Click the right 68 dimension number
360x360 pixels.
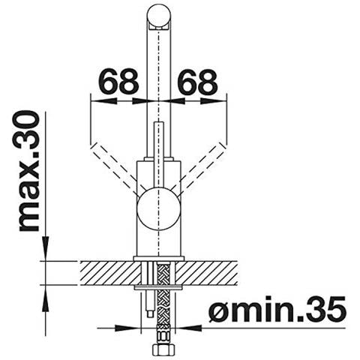[198, 81]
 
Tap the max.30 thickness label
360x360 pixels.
[29, 171]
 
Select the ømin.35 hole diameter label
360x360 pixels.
[277, 309]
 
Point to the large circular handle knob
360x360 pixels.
[158, 209]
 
